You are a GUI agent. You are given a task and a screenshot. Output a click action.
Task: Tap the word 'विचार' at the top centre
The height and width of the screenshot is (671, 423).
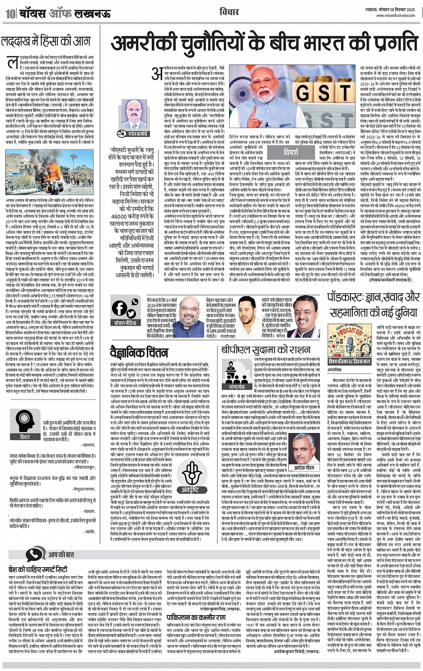pos(229,13)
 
